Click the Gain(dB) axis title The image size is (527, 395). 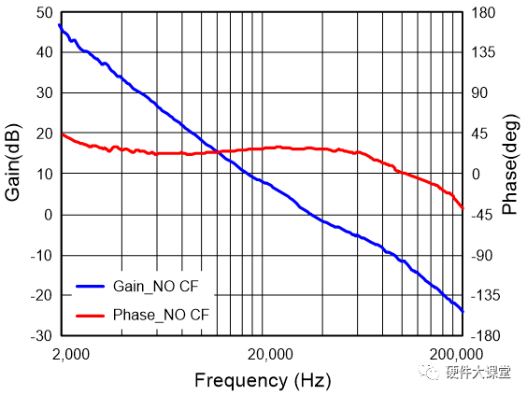14,162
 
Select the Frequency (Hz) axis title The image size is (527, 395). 262,380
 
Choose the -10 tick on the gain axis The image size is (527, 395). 42,255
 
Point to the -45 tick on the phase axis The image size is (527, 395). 481,215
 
